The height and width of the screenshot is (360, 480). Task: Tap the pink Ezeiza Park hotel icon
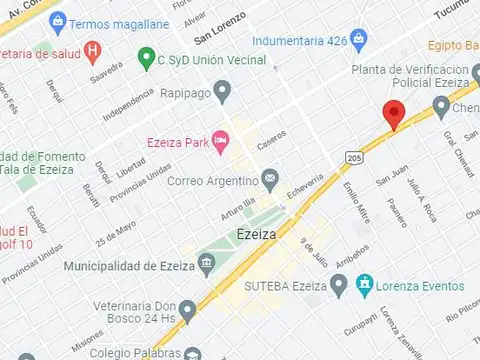coord(220,141)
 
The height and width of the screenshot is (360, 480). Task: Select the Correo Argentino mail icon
coord(270,180)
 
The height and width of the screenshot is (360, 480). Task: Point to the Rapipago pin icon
coord(223,92)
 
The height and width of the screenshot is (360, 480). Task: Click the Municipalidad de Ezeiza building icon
coord(206,265)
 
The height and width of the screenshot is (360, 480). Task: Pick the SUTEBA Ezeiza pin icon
coord(339,286)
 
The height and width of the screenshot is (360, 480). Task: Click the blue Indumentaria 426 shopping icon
coord(359,40)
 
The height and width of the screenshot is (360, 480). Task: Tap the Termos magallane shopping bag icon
coord(58,21)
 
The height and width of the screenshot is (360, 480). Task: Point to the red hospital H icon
coord(93,49)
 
